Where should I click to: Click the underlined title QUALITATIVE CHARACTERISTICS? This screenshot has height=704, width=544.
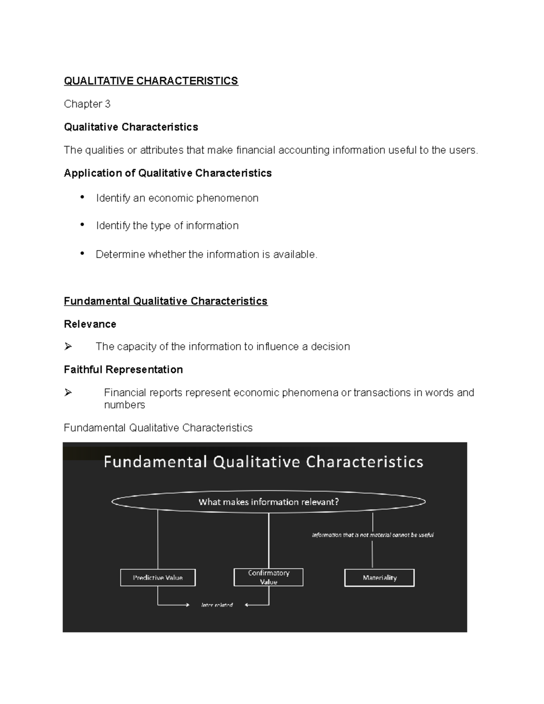(x=151, y=81)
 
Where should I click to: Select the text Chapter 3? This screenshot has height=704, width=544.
(x=87, y=104)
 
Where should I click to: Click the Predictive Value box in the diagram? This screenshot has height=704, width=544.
(x=158, y=578)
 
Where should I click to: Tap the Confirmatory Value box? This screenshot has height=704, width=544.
(x=268, y=577)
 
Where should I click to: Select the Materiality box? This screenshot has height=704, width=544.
(x=379, y=578)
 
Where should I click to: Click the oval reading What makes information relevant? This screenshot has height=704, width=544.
(x=268, y=502)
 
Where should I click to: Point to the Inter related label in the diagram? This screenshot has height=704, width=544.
(x=217, y=605)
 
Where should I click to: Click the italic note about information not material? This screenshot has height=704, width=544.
(x=373, y=535)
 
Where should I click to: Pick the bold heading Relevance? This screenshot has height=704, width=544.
(x=90, y=324)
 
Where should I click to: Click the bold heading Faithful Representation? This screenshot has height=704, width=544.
(x=123, y=369)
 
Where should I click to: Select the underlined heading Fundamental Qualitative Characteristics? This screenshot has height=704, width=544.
(x=165, y=301)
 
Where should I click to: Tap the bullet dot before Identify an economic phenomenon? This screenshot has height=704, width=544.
(x=82, y=197)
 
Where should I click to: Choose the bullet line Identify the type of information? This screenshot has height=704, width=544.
(x=167, y=226)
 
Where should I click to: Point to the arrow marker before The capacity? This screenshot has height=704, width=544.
(x=68, y=347)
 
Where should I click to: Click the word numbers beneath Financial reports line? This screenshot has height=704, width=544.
(x=124, y=405)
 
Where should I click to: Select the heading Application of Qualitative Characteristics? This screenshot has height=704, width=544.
(x=168, y=173)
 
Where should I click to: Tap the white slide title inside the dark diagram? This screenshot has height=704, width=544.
(x=263, y=462)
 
